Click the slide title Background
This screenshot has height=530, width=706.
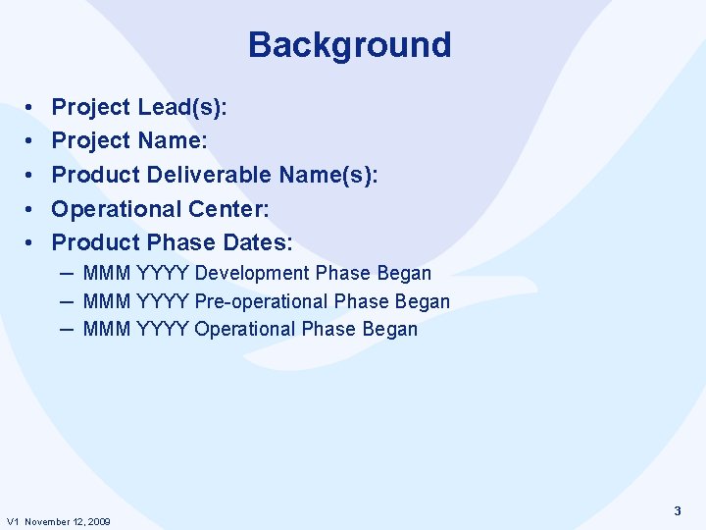click(x=349, y=45)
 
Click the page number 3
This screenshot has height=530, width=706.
click(x=678, y=511)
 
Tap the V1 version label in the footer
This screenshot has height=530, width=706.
click(x=13, y=521)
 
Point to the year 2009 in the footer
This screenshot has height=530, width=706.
click(x=98, y=521)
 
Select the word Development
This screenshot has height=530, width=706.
click(x=254, y=273)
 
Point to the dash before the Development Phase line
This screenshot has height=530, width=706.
click(x=68, y=273)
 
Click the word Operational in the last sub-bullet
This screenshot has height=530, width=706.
click(x=245, y=329)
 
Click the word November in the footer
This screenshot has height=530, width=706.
click(x=46, y=521)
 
